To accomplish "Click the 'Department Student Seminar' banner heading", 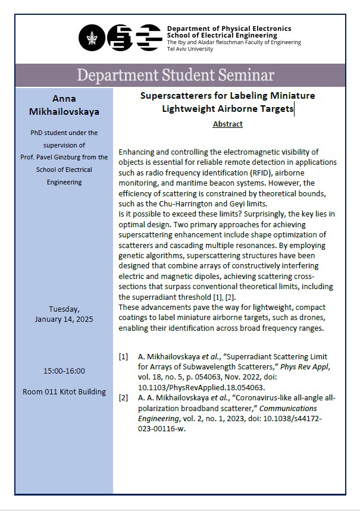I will pos(176,76).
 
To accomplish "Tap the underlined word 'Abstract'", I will pos(227,124).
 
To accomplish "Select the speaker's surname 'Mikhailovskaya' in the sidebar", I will pos(64,112).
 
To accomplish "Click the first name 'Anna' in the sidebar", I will pos(64,99).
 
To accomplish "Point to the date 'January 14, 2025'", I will pos(64,319).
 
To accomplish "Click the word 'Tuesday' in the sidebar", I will pos(64,308).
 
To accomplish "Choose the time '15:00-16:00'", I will pos(64,371).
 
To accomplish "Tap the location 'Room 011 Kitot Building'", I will pos(64,391).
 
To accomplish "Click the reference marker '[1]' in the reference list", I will pos(123,357).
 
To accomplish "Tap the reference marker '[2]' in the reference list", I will pos(123,398).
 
